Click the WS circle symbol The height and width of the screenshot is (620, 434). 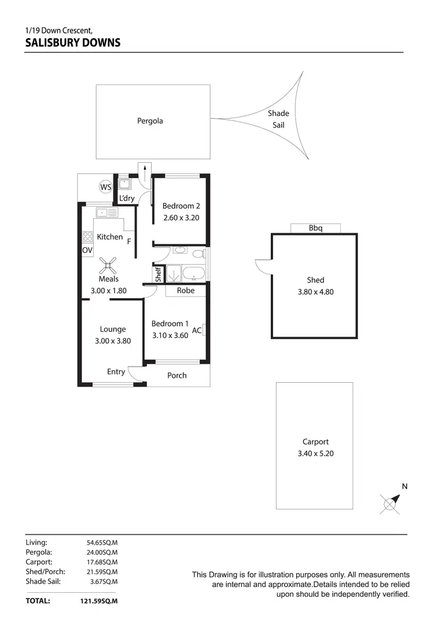[105, 187]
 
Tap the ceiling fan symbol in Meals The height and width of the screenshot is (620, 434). [108, 265]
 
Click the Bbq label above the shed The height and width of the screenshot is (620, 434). [315, 228]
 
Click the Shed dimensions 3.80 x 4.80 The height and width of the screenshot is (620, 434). [315, 292]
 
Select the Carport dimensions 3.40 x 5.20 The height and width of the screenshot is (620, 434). [315, 454]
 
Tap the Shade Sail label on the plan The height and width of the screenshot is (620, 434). [278, 119]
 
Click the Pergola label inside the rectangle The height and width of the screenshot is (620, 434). [150, 121]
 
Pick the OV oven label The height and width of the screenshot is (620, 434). [87, 250]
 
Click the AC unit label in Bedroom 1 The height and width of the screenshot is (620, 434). [197, 331]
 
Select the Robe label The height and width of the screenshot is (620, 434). [186, 291]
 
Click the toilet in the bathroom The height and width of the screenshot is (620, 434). [197, 254]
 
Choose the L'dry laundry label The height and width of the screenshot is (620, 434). [127, 198]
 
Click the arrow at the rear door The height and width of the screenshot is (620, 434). [144, 171]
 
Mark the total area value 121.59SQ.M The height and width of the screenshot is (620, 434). [99, 601]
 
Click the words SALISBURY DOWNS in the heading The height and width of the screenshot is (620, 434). [73, 42]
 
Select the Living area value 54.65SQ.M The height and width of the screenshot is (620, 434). [102, 542]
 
